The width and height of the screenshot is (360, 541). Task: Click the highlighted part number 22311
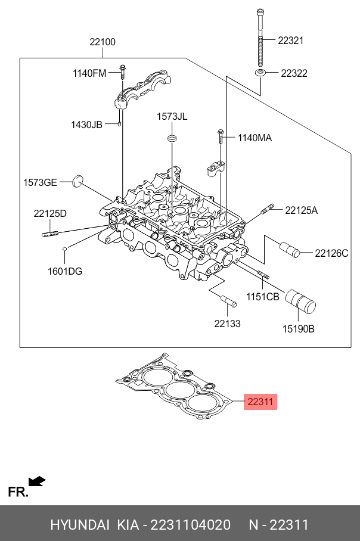pos(260,402)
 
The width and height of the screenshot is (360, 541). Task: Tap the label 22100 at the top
pos(103,42)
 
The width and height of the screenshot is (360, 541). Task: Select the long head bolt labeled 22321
pos(260,38)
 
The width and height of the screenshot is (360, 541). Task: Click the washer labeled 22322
pos(260,73)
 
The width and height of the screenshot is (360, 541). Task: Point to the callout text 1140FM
pos(89,73)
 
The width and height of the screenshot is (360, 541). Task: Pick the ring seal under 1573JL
pos(172,138)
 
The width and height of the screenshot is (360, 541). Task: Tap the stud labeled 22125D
pos(51,234)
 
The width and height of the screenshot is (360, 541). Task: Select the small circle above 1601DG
pos(64,248)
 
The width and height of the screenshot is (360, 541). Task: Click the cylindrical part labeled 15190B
pos(300,301)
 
